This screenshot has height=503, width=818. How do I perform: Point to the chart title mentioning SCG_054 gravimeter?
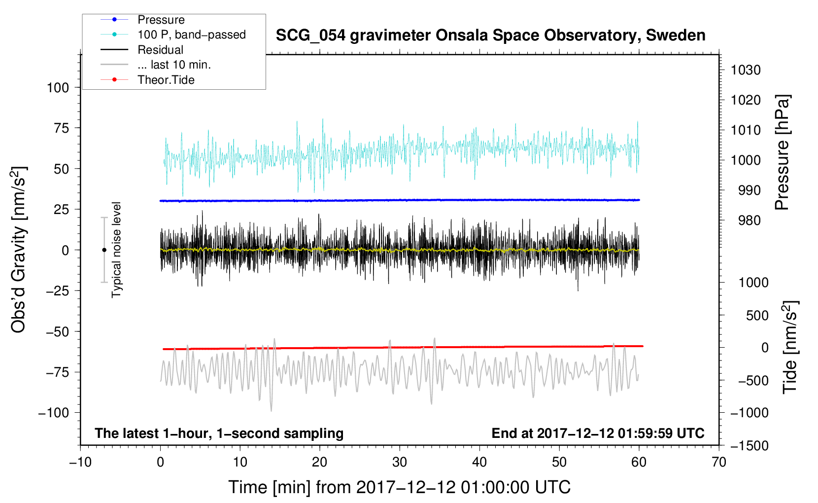pos(490,36)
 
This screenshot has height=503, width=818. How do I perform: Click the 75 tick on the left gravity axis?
pos(61,128)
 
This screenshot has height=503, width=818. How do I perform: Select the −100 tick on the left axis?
pos(54,413)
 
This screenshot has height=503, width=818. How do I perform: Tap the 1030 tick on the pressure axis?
pos(746,70)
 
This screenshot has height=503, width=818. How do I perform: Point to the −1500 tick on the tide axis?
pos(750,446)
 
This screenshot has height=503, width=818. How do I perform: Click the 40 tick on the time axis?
pos(479,462)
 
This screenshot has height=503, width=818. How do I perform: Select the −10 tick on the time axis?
pos(80,462)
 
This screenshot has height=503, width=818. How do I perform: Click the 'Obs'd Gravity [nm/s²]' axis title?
pos(18,250)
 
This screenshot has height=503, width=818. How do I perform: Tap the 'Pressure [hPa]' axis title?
pos(782,152)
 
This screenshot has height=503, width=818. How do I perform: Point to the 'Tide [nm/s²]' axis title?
pos(790,347)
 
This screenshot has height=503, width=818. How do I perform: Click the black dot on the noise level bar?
pos(104,250)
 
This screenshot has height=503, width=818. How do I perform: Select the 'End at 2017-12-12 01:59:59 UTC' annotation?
pos(598,433)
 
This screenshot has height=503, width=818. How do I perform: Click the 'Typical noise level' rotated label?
pos(116,250)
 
